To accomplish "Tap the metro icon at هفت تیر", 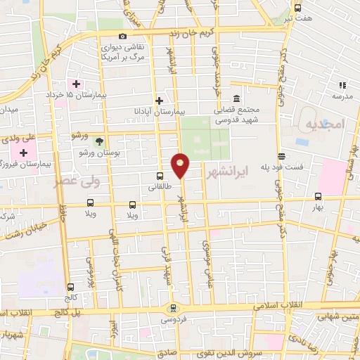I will pyautogui.click(x=298, y=8).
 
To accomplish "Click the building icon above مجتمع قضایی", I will pyautogui.click(x=235, y=99).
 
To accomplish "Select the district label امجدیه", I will pyautogui.click(x=323, y=124).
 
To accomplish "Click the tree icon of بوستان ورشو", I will pyautogui.click(x=99, y=141).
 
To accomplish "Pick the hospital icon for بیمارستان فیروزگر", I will pyautogui.click(x=25, y=153).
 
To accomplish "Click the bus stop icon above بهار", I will pyautogui.click(x=319, y=197).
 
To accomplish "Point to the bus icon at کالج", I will pyautogui.click(x=70, y=287).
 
